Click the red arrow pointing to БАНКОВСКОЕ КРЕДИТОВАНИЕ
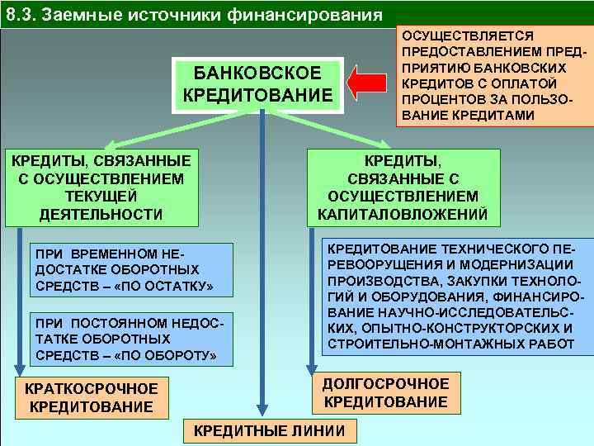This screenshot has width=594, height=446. click(x=369, y=83)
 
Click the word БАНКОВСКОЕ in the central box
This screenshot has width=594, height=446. click(x=262, y=74)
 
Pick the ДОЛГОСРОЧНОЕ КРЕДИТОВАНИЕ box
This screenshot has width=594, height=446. click(x=385, y=392)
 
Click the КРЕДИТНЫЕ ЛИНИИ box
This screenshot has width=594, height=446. click(x=269, y=431)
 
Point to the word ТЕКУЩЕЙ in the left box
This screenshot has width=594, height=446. click(x=101, y=196)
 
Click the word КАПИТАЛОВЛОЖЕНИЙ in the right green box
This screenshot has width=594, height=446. click(x=403, y=215)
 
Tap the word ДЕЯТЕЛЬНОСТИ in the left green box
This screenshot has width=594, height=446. click(x=101, y=215)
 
